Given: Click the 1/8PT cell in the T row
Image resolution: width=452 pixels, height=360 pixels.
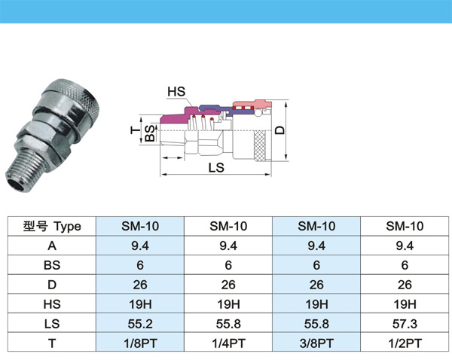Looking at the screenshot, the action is click(x=140, y=343).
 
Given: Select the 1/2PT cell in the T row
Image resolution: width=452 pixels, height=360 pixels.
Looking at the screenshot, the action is click(x=405, y=343).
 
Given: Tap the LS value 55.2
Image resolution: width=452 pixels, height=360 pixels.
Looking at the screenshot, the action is click(x=140, y=324).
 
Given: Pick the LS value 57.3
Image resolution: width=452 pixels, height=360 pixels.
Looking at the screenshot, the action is click(x=405, y=324).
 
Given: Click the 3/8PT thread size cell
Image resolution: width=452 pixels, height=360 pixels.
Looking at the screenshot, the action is click(x=316, y=343).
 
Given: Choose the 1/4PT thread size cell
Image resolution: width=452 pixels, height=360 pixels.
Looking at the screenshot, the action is click(x=228, y=343).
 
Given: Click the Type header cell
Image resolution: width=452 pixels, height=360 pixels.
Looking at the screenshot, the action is click(x=52, y=226).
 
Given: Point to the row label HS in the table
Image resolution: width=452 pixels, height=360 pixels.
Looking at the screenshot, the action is click(x=52, y=304).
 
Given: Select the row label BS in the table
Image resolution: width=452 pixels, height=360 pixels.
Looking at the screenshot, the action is click(x=52, y=265).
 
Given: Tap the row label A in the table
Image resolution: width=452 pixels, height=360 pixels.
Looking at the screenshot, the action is click(x=52, y=246).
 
